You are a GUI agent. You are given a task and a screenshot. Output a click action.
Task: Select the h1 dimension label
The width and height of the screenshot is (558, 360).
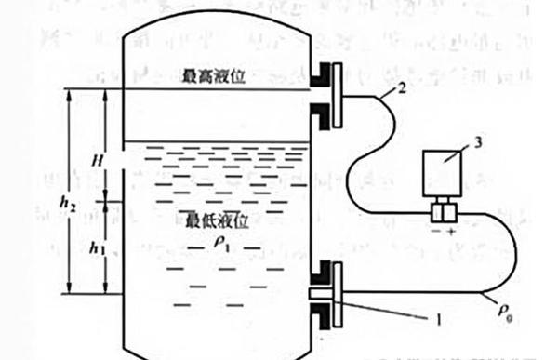coord(98,247)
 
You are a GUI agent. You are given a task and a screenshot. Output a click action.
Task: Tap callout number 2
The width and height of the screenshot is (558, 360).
coord(401,89)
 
